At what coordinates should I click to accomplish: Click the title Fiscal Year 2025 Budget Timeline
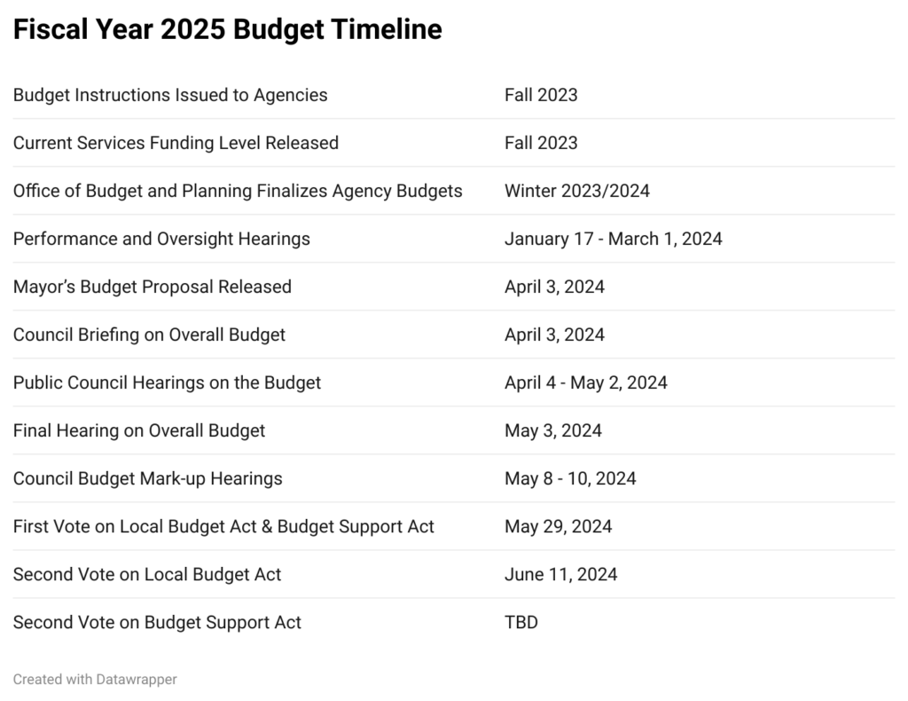pyautogui.click(x=227, y=30)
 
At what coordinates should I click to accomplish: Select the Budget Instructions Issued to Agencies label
pyautogui.click(x=170, y=95)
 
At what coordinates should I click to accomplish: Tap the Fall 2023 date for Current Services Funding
pyautogui.click(x=541, y=143)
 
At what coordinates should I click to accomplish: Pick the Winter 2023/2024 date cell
pyautogui.click(x=576, y=191)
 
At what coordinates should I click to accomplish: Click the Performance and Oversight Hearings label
pyautogui.click(x=161, y=239)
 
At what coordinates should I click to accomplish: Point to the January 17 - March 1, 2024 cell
pyautogui.click(x=613, y=239)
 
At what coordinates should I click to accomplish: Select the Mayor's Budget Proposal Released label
pyautogui.click(x=153, y=287)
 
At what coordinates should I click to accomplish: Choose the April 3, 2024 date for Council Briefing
pyautogui.click(x=554, y=335)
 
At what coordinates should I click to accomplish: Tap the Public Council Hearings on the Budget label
pyautogui.click(x=167, y=382)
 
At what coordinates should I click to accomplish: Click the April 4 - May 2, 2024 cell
pyautogui.click(x=585, y=382)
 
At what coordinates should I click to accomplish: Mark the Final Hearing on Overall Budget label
pyautogui.click(x=139, y=430)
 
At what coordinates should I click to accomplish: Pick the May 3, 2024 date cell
pyautogui.click(x=553, y=430)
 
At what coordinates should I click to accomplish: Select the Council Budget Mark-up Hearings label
pyautogui.click(x=147, y=478)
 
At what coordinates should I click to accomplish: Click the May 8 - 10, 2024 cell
pyautogui.click(x=570, y=478)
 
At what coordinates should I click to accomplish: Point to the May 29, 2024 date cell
pyautogui.click(x=558, y=526)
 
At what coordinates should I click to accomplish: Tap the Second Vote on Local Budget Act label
pyautogui.click(x=147, y=574)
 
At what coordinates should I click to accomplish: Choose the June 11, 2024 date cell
pyautogui.click(x=560, y=574)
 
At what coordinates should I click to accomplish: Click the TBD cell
pyautogui.click(x=521, y=622)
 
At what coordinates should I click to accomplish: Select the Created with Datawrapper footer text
pyautogui.click(x=95, y=679)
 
